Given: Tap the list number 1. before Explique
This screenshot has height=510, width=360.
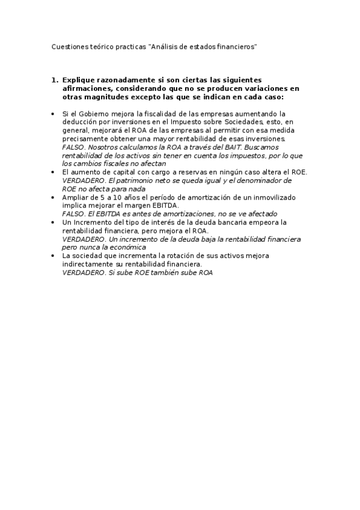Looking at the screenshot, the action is click(x=55, y=79).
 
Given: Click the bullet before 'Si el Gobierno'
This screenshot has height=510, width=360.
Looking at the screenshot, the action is click(x=53, y=113).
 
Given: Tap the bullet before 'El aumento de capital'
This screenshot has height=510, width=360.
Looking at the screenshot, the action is click(x=53, y=172).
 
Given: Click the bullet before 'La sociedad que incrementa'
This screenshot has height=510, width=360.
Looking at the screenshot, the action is click(x=53, y=256).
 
